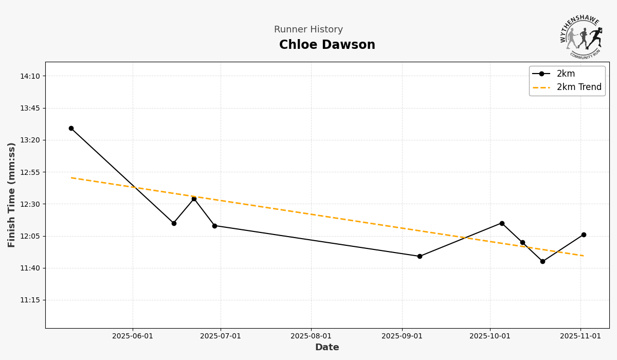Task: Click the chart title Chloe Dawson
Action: point(327,45)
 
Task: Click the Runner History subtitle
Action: point(308,30)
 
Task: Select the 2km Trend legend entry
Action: point(578,87)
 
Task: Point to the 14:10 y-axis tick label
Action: point(30,76)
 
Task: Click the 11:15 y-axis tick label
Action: point(30,300)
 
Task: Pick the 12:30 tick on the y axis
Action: point(30,204)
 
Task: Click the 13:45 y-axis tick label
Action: point(30,108)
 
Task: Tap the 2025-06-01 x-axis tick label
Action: point(133,336)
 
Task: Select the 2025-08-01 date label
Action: point(311,336)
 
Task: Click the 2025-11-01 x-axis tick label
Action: point(580,336)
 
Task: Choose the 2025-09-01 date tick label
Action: point(402,336)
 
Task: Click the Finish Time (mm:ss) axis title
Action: point(12,195)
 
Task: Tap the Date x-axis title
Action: point(327,348)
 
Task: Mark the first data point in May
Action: point(71,128)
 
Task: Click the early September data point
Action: point(420,256)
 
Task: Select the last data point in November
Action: point(584,235)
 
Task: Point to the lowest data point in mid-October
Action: point(542,261)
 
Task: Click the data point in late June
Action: point(214,226)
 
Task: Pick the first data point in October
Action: point(502,223)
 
